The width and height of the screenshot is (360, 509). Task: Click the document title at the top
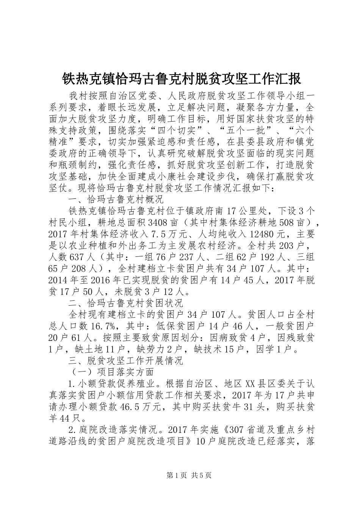click(x=181, y=78)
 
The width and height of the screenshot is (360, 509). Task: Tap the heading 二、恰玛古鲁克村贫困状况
click(x=125, y=303)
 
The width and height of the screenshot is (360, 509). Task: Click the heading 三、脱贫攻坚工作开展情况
click(x=125, y=360)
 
